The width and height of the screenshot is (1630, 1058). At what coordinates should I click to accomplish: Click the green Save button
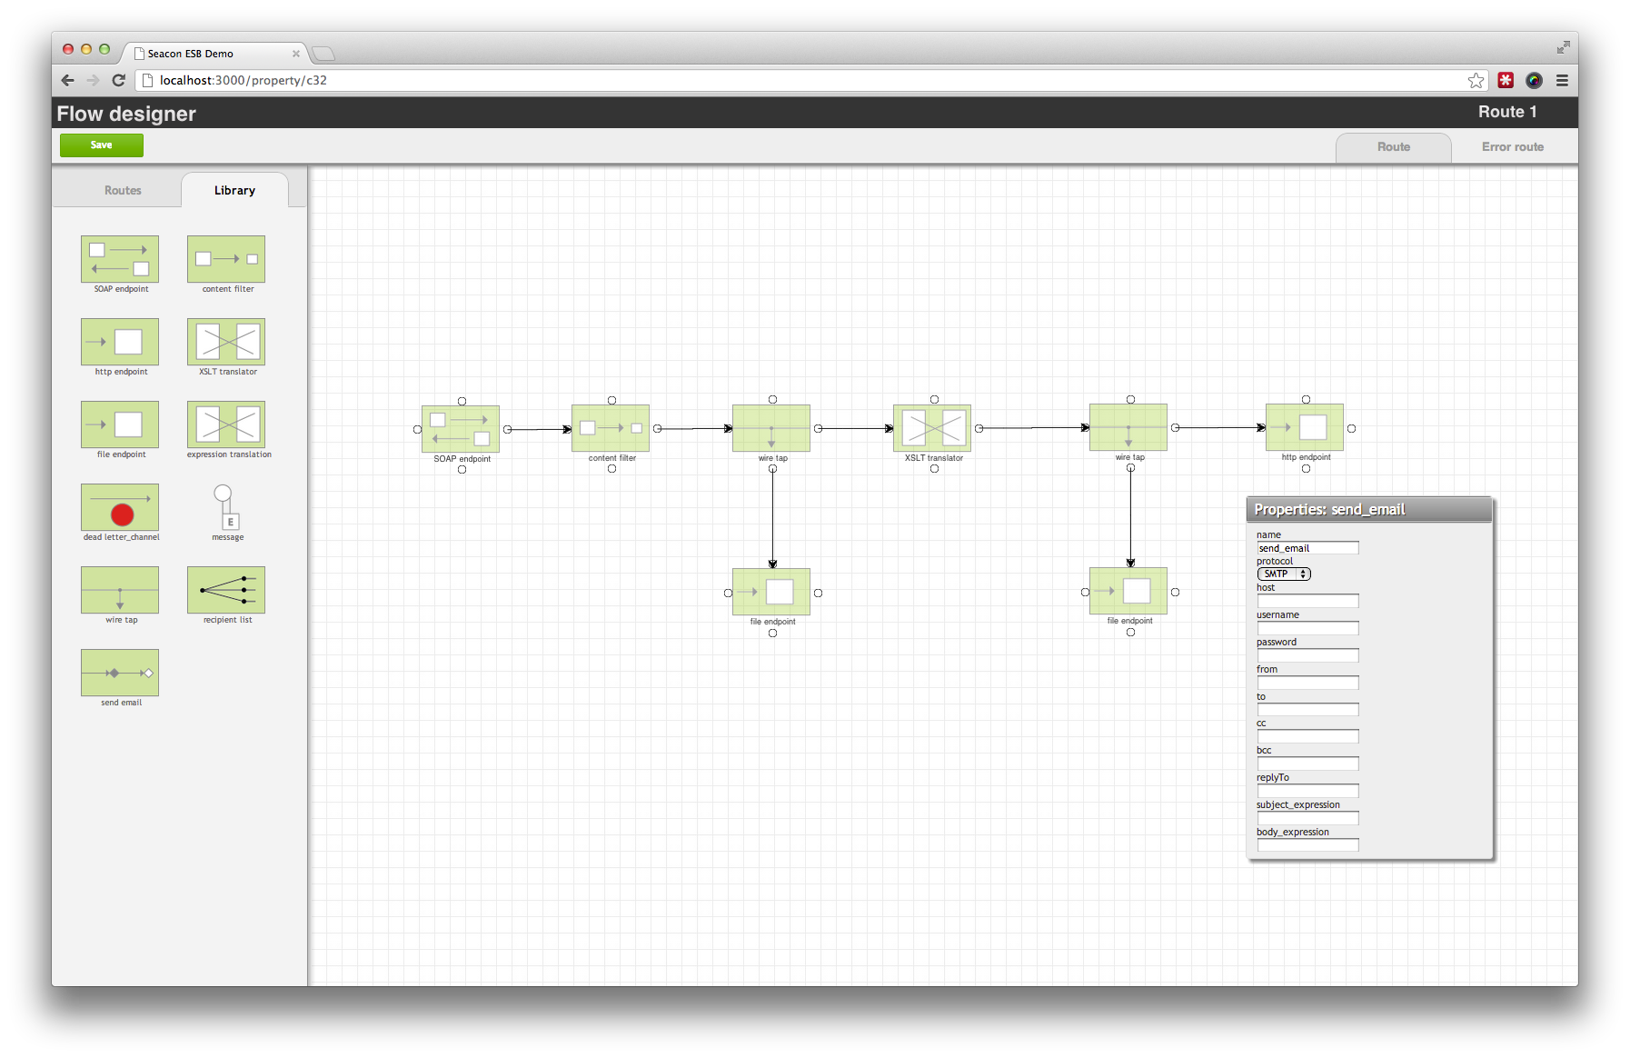[102, 145]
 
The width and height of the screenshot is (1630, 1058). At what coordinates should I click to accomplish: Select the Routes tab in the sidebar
[123, 190]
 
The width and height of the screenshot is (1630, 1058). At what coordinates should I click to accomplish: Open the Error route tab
[1513, 147]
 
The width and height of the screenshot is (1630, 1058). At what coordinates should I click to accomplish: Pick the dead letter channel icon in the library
[120, 507]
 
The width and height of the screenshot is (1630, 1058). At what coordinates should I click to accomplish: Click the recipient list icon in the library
[226, 590]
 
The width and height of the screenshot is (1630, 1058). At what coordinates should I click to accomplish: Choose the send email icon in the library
[120, 673]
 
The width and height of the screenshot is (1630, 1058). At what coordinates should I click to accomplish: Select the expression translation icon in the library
[226, 424]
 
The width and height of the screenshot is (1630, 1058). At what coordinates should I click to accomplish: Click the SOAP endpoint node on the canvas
[461, 429]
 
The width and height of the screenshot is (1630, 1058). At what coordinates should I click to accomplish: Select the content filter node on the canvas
[611, 428]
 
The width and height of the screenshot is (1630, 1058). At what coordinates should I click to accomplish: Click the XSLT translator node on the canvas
[932, 428]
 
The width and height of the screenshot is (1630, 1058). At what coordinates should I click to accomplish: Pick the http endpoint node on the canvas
[1305, 427]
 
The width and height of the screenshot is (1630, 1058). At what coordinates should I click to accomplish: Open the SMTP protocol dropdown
[1284, 574]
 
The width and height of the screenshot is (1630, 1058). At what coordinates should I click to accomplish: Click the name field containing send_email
[1307, 548]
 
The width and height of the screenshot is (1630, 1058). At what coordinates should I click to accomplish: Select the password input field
[1307, 655]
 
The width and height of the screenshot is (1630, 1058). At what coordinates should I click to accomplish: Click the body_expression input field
[1307, 845]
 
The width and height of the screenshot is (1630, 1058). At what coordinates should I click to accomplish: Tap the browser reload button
[118, 80]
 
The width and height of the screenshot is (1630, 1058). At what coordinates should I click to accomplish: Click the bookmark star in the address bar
[1476, 80]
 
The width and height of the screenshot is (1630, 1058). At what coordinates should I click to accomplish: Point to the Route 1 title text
[1507, 112]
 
